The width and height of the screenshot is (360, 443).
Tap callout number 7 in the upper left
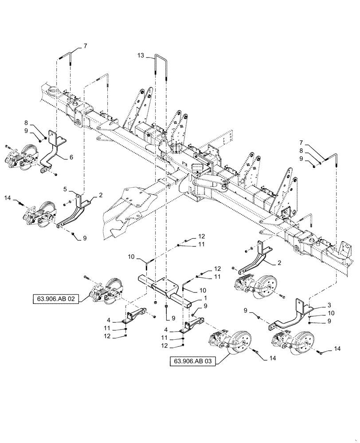coord(86,46)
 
